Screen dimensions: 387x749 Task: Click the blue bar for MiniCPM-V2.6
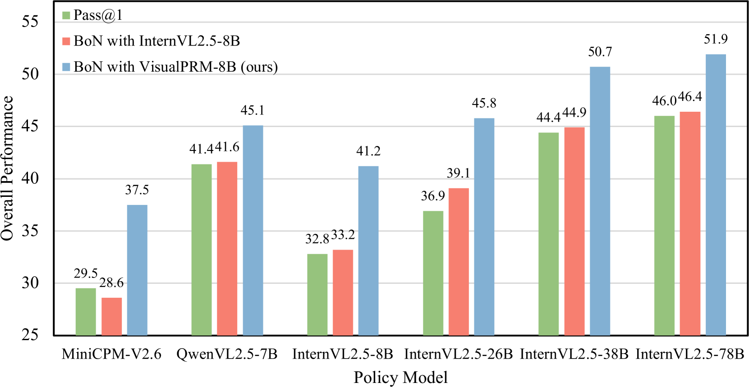137,270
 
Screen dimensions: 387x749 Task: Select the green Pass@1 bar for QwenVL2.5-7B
202,250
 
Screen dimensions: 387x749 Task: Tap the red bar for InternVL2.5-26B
459,262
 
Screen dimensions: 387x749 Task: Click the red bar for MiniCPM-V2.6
111,316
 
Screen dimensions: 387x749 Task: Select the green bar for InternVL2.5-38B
548,234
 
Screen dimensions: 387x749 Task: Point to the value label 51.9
716,40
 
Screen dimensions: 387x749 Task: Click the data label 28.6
111,283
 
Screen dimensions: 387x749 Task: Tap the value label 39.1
459,173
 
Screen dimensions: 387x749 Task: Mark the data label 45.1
253,111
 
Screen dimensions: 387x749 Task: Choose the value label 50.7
600,52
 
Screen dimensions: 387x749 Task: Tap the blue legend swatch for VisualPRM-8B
66,67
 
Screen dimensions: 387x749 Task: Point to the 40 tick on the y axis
30,178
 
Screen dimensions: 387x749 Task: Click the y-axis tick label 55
30,22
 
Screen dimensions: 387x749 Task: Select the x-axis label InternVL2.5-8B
343,354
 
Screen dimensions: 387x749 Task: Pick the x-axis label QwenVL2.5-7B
227,354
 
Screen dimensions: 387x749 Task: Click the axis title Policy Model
400,377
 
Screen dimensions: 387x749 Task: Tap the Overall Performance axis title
8,168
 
